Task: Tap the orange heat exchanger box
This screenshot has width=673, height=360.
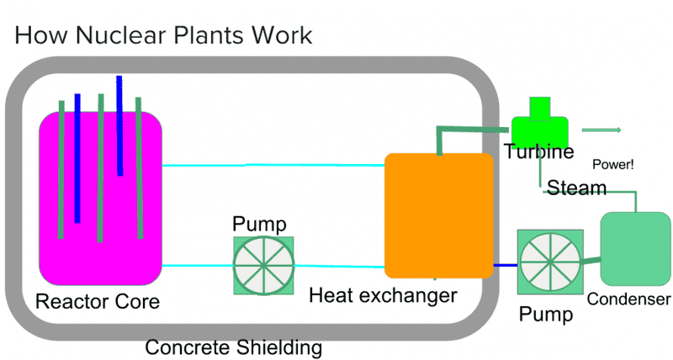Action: pos(438,215)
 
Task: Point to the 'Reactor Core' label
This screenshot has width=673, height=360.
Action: pos(98,300)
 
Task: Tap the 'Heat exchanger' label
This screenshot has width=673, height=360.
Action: pos(383,295)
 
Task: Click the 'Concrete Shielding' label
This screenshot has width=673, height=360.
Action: pos(233,347)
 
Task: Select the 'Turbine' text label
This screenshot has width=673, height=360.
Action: pos(539,152)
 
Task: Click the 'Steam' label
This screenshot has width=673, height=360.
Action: pos(577,187)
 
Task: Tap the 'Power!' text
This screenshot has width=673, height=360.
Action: pos(613,164)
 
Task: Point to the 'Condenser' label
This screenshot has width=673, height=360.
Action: pos(628,299)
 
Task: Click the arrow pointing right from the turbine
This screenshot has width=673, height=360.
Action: pos(601,130)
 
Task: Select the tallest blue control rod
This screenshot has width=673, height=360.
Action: pos(119,126)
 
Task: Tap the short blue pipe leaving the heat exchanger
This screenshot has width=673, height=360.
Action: pos(505,266)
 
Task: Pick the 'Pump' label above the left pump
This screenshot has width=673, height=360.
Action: pos(259,225)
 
